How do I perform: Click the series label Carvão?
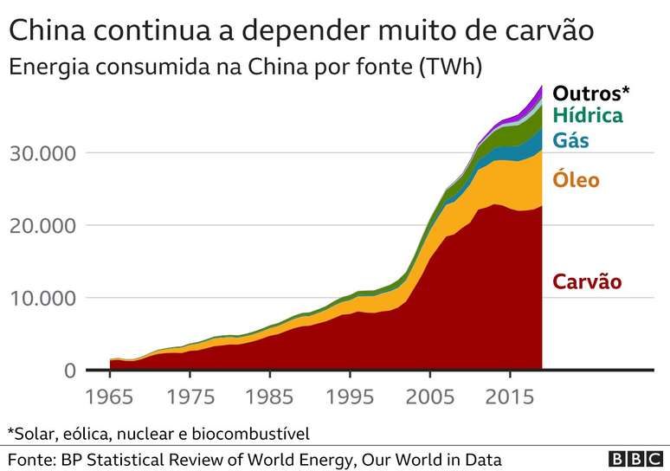pos(587,281)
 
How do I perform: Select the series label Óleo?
pos(576,180)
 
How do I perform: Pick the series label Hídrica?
pos(588,116)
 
